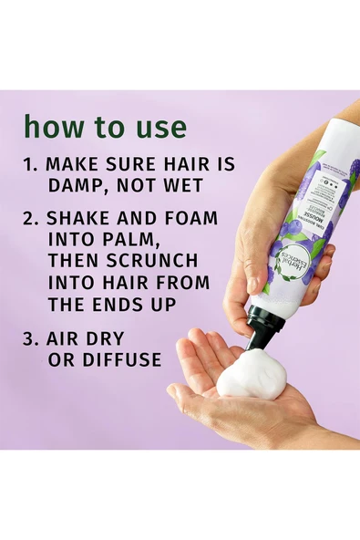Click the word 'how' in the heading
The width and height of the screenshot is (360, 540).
(51, 125)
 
